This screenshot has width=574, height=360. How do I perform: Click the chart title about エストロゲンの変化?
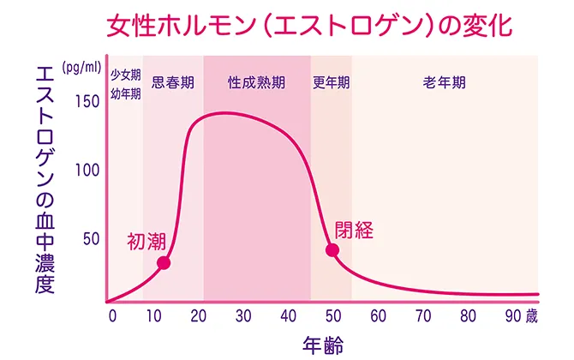pos(309,24)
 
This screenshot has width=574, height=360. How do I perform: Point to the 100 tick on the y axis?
pos(88,170)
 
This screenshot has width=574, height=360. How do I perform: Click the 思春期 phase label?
pos(172,83)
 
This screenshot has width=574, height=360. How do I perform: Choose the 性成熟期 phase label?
pos(256,83)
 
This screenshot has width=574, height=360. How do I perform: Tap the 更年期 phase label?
pos(331,83)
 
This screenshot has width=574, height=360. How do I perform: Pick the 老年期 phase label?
pos(444,83)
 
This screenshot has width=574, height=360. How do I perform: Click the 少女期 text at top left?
pos(125,75)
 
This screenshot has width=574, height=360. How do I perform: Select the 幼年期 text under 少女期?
pos(125,93)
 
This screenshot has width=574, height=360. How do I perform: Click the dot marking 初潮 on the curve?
pos(164,263)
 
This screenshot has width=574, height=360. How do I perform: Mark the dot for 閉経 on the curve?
pos(332,250)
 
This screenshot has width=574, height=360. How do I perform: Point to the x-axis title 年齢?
pos(323,345)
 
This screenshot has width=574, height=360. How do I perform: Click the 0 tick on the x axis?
pos(111,315)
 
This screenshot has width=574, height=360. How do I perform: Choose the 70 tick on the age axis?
pos(422,315)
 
